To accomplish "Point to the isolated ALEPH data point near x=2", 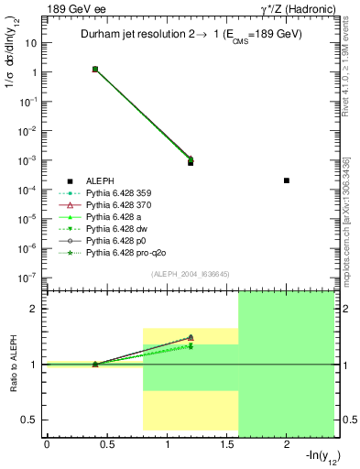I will click(287, 180).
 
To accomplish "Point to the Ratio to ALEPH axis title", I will click(13, 364).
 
